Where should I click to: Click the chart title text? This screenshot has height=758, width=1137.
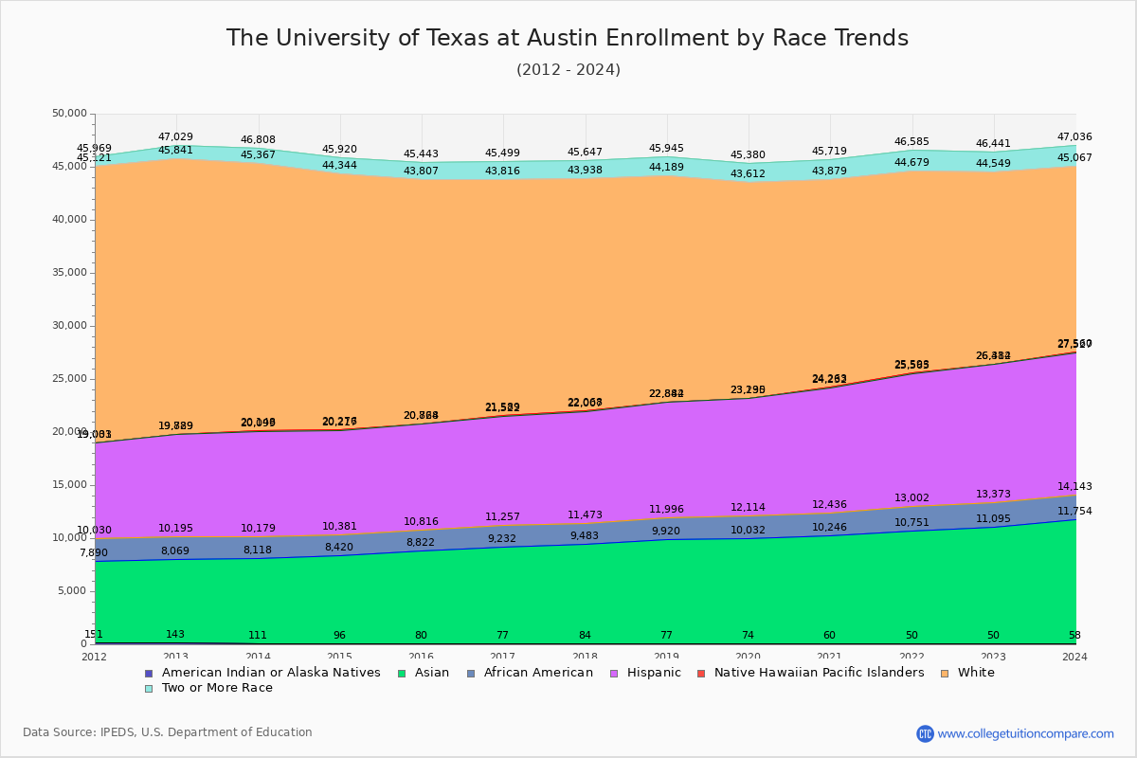pyautogui.click(x=567, y=38)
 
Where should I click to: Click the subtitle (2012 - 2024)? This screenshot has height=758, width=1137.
pyautogui.click(x=568, y=70)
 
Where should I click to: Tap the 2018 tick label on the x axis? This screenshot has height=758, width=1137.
pyautogui.click(x=585, y=657)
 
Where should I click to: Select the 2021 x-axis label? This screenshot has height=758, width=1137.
pyautogui.click(x=830, y=657)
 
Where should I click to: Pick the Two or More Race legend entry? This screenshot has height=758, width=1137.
pyautogui.click(x=217, y=688)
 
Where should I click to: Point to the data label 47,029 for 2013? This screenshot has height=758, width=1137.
pyautogui.click(x=175, y=137)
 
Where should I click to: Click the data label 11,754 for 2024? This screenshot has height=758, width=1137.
pyautogui.click(x=1074, y=512)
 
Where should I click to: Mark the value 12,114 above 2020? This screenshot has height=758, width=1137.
pyautogui.click(x=748, y=508)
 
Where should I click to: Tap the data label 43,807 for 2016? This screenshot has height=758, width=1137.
pyautogui.click(x=421, y=171)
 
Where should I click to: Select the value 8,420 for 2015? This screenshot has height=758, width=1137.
pyautogui.click(x=338, y=547)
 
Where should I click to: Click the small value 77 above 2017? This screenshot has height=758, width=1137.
pyautogui.click(x=503, y=635)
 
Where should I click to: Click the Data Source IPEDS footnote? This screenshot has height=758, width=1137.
pyautogui.click(x=168, y=732)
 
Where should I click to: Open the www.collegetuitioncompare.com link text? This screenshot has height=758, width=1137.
pyautogui.click(x=1025, y=733)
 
